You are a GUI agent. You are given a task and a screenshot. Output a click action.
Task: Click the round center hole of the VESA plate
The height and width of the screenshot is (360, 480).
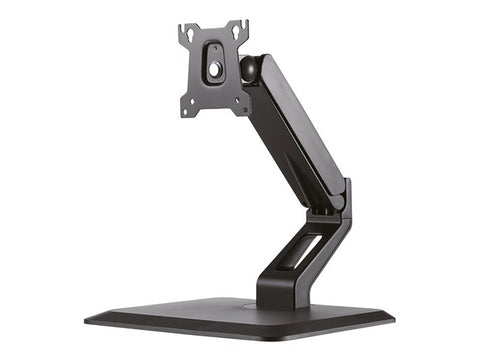212,70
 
